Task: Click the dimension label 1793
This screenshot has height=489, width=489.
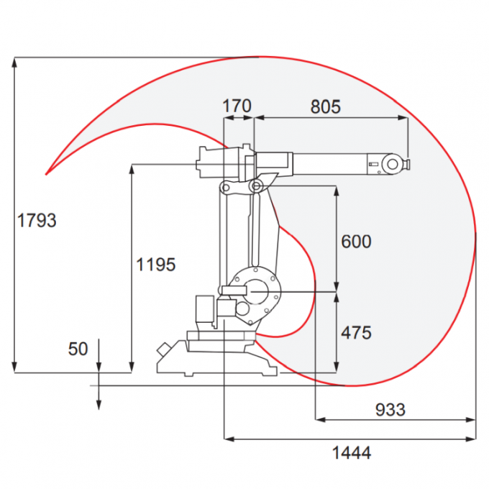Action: (36, 220)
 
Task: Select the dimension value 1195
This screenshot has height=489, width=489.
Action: (155, 265)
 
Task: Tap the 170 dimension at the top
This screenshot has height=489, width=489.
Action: (237, 106)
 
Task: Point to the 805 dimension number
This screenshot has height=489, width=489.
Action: (326, 106)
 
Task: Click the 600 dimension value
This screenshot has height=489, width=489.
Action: (356, 242)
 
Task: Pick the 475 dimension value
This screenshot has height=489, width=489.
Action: (356, 333)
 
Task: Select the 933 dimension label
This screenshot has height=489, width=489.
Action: (390, 410)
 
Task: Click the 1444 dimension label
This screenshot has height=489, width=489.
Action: (351, 453)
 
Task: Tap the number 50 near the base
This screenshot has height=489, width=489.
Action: (78, 349)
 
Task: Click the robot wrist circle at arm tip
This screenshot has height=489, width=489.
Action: (393, 164)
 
